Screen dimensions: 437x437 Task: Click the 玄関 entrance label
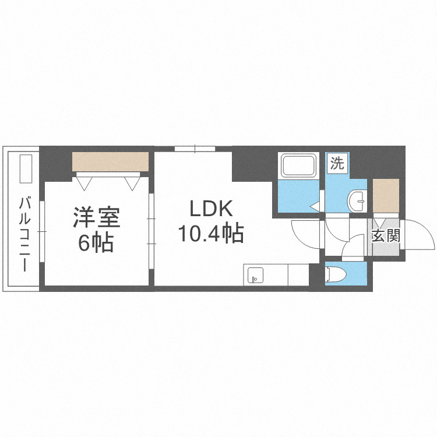point(385,237)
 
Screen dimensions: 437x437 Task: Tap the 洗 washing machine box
point(337,163)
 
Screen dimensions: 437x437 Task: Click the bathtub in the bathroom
point(298,167)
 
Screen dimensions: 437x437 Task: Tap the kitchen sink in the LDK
point(255,275)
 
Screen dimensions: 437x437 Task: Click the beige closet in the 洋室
point(110,162)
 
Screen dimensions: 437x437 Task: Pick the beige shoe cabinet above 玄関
point(386,195)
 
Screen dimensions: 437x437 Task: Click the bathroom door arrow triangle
point(315,205)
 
